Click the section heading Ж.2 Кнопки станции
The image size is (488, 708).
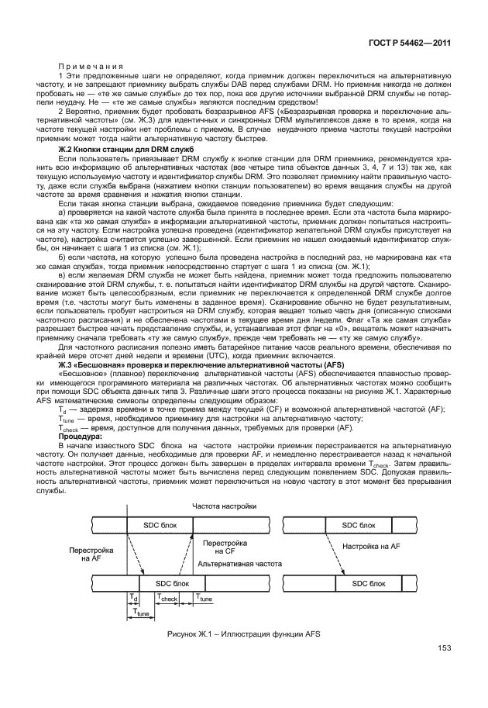click(118, 147)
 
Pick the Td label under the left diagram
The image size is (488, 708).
click(132, 598)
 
